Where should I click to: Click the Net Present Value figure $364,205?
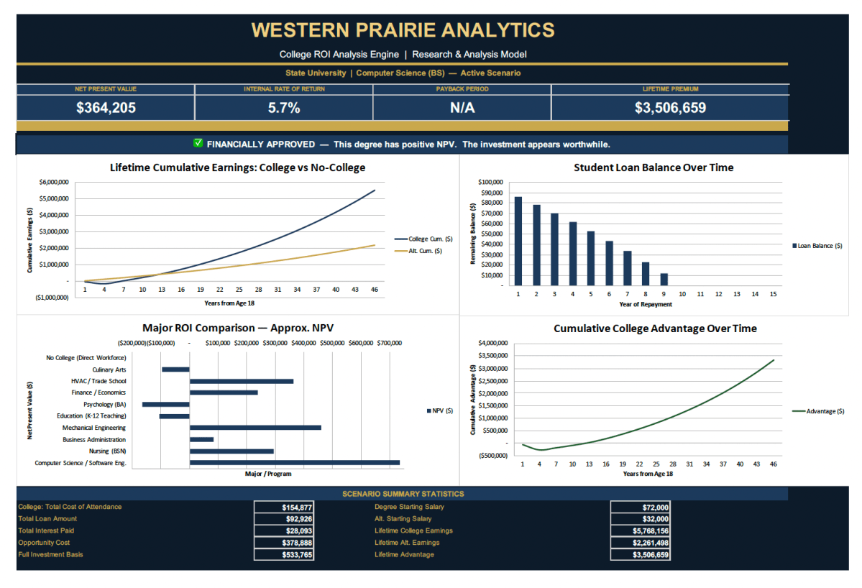pos(106,108)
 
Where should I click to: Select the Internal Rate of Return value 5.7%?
pos(283,108)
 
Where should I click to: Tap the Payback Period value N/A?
pos(462,108)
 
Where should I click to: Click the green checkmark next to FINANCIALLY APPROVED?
pos(198,144)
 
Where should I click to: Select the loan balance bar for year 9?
pos(663,279)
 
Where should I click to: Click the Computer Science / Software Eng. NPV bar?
pos(295,463)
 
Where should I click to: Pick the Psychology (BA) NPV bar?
pos(166,404)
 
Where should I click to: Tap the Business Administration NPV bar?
pos(202,439)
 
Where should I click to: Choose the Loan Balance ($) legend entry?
pos(819,246)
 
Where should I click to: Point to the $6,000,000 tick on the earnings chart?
pos(54,182)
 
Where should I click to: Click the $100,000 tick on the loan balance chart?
pos(490,182)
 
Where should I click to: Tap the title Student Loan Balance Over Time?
pos(654,167)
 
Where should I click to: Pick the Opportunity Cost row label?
pos(44,543)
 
